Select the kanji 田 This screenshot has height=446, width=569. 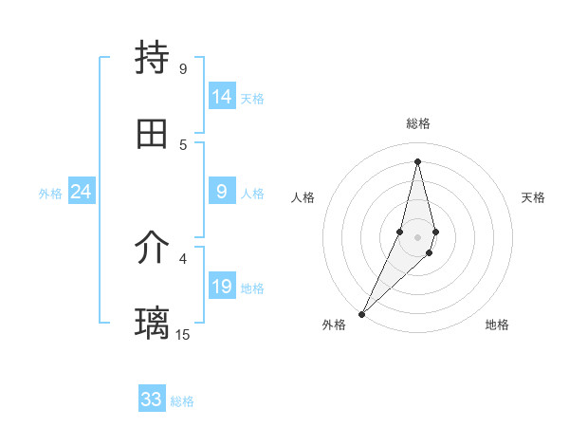tap(152, 134)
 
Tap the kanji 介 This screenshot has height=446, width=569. tap(152, 249)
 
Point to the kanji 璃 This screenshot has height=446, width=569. tap(152, 323)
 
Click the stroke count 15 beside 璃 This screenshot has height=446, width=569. tap(183, 334)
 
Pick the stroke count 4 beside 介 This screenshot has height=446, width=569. tap(183, 257)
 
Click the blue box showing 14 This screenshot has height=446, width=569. tap(222, 97)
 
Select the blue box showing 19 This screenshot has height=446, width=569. tap(222, 287)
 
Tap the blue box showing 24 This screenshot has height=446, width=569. tap(81, 192)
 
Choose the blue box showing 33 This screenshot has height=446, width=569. tap(152, 400)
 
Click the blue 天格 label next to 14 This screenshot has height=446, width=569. tap(252, 99)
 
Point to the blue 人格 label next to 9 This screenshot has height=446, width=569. tap(252, 194)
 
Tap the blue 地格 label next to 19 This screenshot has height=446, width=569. tap(252, 288)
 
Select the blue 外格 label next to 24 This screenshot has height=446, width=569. tap(50, 194)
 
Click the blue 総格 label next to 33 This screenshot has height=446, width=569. tap(182, 401)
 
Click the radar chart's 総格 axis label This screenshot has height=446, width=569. tap(418, 123)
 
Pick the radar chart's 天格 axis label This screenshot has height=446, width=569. tap(533, 197)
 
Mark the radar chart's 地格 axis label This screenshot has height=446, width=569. tap(497, 325)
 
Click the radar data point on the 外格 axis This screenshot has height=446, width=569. tap(361, 313)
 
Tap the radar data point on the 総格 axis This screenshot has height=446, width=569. tap(417, 161)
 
